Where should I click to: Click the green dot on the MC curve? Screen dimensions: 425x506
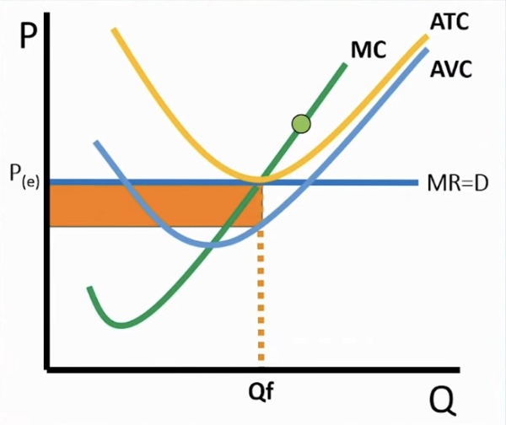[301, 125]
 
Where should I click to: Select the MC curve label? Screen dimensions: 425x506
[368, 50]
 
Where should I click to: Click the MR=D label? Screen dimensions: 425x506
[459, 182]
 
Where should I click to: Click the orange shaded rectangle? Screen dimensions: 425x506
[152, 205]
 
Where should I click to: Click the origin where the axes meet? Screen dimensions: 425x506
[49, 368]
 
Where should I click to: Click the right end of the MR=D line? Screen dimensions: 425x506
[417, 182]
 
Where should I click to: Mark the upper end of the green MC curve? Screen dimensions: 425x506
[345, 64]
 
